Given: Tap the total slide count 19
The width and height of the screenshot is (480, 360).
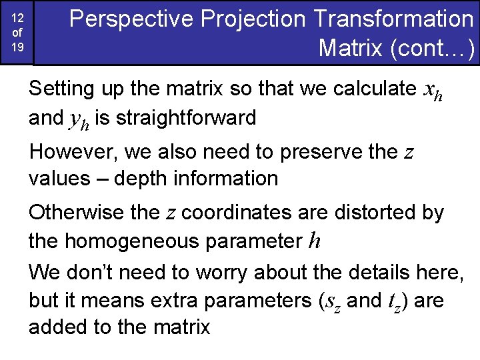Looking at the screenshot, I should point(18,48).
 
